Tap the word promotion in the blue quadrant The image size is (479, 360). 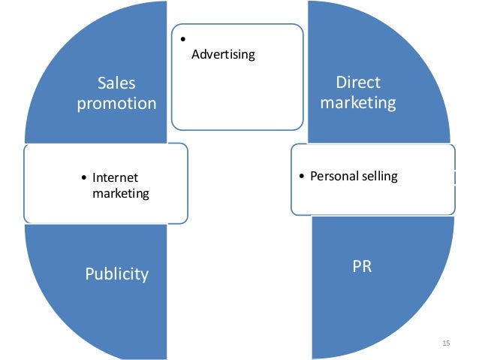116,104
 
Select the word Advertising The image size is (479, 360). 224,55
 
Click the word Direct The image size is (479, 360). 358,83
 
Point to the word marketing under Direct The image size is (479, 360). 358,103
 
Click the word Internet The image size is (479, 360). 116,178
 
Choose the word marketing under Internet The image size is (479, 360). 121,193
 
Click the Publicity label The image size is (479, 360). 116,274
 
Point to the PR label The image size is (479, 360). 362,267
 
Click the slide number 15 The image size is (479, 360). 446,343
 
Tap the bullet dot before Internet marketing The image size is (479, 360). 83,178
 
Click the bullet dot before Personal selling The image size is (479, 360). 301,177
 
